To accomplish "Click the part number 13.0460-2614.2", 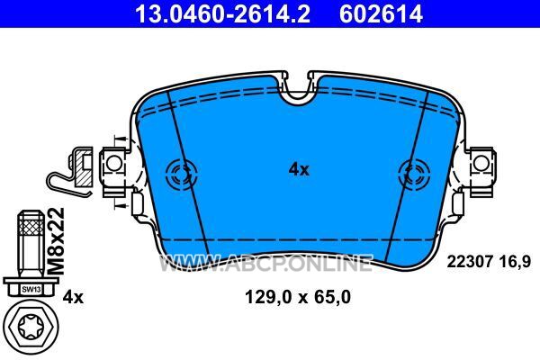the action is click(222, 13).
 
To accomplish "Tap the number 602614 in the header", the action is click(381, 13).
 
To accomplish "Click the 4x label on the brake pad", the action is click(299, 169).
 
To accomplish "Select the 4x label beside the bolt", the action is click(73, 297).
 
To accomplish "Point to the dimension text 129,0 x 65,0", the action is click(298, 297).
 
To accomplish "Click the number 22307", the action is click(469, 262).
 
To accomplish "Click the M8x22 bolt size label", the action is click(56, 241).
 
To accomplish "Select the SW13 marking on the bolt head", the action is click(31, 290).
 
